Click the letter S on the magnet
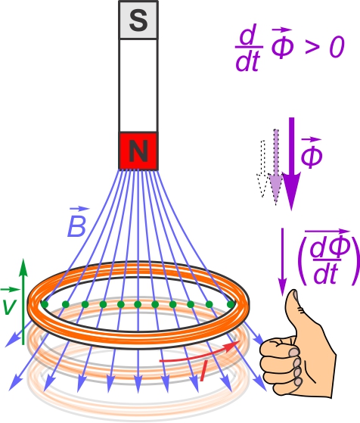pos(138,20)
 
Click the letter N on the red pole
pos(138,151)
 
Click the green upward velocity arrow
pos(23,302)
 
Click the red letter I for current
pos(204,372)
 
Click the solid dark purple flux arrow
pos(291,164)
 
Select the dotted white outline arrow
pos(262,169)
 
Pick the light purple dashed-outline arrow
pos(275,167)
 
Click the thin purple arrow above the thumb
pos(283,262)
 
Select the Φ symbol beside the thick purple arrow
pos(312,153)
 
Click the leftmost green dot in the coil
pos(45,304)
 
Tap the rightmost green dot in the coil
pos(231,304)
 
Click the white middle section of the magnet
pos(138,86)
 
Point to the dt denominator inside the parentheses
pos(326,275)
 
